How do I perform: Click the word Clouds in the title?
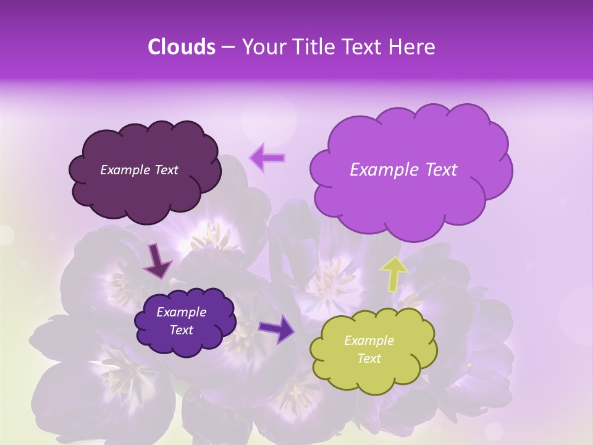(182, 47)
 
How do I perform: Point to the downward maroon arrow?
(158, 261)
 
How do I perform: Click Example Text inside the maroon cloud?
(139, 170)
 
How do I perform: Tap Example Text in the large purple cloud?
(403, 170)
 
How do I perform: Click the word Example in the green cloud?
(369, 341)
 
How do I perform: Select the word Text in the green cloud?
(369, 358)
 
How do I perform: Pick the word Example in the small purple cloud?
(181, 312)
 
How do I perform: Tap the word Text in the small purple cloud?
(181, 330)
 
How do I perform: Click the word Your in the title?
(262, 47)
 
